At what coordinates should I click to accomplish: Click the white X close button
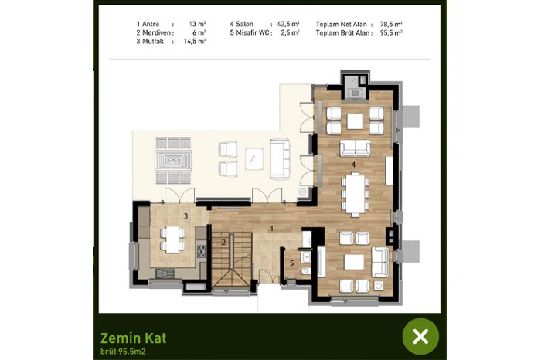[420, 336]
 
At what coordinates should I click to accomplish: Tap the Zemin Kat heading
[133, 338]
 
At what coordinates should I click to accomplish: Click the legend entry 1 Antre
[148, 24]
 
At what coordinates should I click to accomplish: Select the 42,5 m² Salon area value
[288, 24]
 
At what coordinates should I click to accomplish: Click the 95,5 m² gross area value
[391, 32]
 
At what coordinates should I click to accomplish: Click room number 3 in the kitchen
[185, 216]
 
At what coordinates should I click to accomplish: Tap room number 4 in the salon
[353, 165]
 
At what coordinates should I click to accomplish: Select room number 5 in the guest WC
[291, 263]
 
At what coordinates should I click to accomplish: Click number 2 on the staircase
[223, 243]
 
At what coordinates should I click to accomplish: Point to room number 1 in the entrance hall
[272, 228]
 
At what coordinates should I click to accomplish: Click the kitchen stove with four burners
[201, 251]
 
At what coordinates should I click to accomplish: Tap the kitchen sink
[165, 273]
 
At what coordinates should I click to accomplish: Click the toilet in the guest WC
[305, 271]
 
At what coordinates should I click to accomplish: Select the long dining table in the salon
[355, 194]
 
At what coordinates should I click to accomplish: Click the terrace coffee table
[254, 158]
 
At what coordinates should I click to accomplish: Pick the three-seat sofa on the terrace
[280, 158]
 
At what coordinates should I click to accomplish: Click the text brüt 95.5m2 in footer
[123, 352]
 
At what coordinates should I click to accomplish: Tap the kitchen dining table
[172, 239]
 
